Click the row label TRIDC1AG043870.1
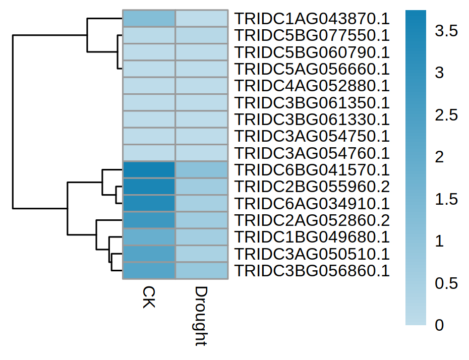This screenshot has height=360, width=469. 312,19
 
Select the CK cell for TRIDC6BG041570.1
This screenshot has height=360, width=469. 149,170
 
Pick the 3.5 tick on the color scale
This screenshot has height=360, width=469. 447,31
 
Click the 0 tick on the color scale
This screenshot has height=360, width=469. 440,325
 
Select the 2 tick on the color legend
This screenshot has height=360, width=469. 440,157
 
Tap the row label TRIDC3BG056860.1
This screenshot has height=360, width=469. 312,271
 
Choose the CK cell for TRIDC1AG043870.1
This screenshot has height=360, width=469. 149,19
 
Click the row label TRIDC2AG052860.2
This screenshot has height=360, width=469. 312,220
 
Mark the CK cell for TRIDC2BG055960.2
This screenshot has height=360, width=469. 149,187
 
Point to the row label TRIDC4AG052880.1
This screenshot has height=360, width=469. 312,86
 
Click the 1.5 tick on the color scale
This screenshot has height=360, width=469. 447,199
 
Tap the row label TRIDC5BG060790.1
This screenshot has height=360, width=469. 312,52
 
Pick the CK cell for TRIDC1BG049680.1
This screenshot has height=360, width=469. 149,237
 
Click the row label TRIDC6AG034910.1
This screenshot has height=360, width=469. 312,204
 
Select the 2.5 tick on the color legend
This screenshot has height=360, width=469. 447,115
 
